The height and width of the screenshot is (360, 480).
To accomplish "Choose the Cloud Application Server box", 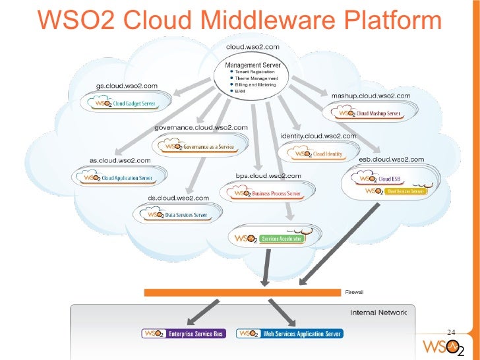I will (117, 177).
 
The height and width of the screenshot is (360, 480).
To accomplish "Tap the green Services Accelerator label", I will (282, 238).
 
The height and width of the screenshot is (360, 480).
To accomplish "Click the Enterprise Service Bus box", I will (184, 334).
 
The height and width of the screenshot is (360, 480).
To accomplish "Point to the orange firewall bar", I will (243, 292).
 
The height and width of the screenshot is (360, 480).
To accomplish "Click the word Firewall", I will (354, 292).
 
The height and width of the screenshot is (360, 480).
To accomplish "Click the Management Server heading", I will (253, 65).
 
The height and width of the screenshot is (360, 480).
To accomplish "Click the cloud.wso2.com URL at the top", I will (253, 47).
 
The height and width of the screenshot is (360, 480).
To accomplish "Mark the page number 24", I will (452, 332).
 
